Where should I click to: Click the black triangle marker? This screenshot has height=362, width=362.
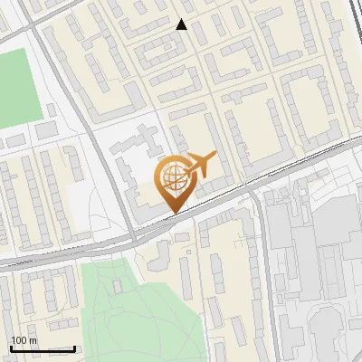(182, 24)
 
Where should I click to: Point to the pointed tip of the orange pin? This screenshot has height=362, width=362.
(173, 214)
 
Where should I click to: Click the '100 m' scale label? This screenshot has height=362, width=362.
(24, 340)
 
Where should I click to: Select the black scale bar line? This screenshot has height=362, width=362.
(42, 348)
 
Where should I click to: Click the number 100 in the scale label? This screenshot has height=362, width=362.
(19, 340)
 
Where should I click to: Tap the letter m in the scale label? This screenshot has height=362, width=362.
(33, 340)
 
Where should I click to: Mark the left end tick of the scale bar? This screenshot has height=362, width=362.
(10, 347)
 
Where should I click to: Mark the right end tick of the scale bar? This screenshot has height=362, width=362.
(74, 347)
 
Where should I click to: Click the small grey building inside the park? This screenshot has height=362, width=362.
(118, 286)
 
